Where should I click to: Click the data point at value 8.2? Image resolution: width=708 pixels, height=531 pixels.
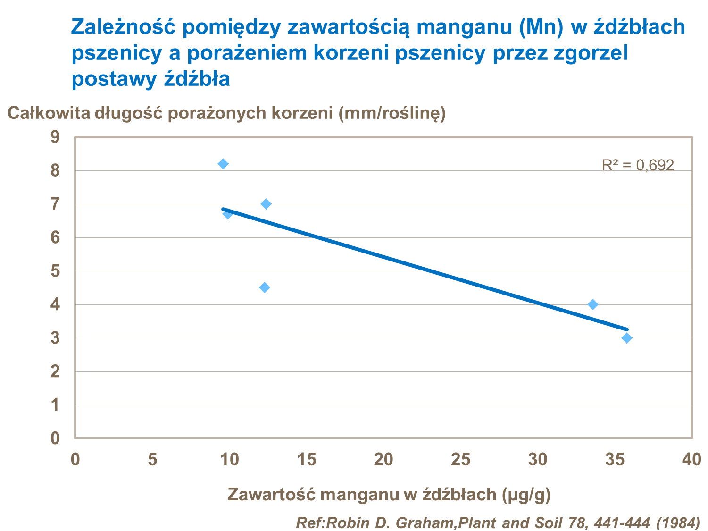coord(223,164)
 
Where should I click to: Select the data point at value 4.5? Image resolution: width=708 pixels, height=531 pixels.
coord(265,287)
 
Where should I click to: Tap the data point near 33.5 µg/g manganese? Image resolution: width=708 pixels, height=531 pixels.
coord(593,304)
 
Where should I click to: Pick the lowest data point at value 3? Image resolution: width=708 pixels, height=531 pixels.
coord(626,338)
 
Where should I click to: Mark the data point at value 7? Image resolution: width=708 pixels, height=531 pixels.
coord(266,204)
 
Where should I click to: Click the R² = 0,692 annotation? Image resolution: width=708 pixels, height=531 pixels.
coord(638,165)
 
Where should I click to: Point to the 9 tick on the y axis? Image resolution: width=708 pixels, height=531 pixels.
coord(55,137)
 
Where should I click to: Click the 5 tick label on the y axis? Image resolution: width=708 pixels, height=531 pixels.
coord(55,271)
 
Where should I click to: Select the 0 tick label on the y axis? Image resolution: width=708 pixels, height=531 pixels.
coord(55,438)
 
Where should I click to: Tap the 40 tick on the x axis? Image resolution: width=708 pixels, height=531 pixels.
coord(691,459)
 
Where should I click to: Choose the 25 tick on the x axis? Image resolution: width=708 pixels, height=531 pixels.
coord(461,459)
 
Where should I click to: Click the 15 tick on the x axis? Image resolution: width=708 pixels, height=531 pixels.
coord(307,459)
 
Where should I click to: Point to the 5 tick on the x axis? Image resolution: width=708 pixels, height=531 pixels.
coord(152,459)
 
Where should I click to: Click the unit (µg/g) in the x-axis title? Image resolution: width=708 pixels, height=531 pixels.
coord(526,494)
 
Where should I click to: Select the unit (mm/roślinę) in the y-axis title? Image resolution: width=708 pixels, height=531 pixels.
coord(392,114)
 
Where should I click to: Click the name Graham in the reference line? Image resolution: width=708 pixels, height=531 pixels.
coord(424,523)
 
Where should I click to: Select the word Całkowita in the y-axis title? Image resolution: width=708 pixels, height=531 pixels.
coord(49,114)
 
